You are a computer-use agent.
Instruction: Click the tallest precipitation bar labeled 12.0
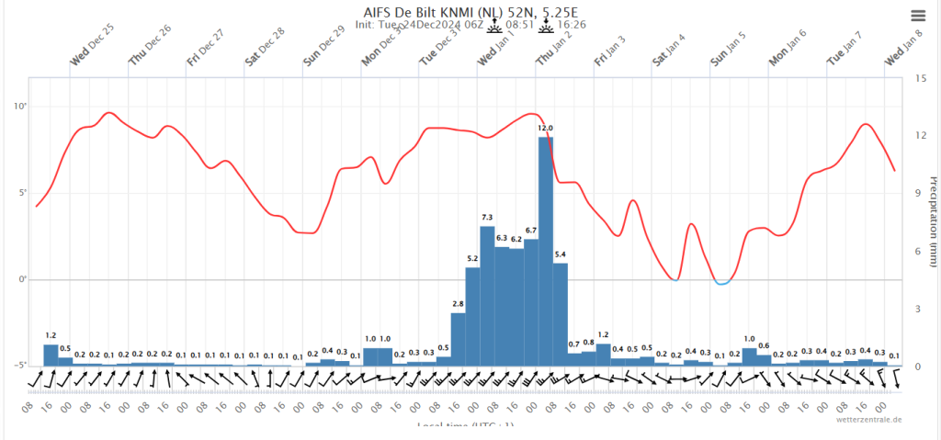click(545, 248)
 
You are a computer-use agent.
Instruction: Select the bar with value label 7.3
click(487, 294)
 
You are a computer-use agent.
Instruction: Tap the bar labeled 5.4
click(560, 312)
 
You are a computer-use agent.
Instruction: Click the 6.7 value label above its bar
click(530, 230)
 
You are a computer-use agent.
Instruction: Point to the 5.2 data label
click(472, 258)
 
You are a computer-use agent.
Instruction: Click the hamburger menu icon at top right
click(918, 16)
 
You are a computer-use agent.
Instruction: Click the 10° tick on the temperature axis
click(20, 107)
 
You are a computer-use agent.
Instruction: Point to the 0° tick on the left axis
click(21, 279)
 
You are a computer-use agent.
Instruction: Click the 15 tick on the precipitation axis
click(908, 77)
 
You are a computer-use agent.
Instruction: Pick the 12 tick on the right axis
click(908, 136)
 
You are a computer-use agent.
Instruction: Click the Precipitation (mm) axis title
click(932, 220)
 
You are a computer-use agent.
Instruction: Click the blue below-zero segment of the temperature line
click(723, 283)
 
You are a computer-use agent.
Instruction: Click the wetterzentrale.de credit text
click(868, 419)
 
